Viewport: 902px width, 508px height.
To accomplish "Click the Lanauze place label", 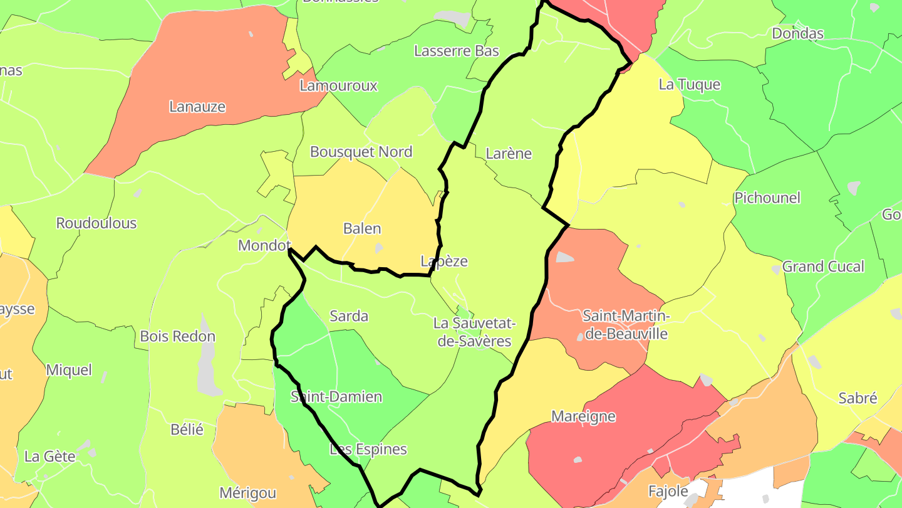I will (x=197, y=107).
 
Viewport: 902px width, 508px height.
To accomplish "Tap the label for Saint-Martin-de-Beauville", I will (x=626, y=324).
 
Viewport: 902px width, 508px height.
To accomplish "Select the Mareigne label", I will (x=583, y=416).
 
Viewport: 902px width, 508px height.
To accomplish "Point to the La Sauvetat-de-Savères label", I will (x=474, y=332).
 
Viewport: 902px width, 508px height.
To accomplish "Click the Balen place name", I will (x=362, y=228).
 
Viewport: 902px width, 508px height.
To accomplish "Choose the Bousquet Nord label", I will (x=361, y=152).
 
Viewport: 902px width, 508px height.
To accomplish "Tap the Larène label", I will (x=509, y=153).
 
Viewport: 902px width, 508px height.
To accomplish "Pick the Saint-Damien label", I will (x=336, y=397).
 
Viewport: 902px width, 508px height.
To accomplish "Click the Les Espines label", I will (x=368, y=449).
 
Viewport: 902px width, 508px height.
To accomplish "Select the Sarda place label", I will (x=349, y=316).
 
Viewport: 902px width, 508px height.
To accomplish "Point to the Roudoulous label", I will (x=96, y=223).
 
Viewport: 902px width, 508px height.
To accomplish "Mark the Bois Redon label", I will (x=178, y=336).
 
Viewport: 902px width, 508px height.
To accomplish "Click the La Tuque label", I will (x=690, y=85).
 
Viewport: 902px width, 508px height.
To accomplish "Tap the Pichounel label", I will (x=767, y=198).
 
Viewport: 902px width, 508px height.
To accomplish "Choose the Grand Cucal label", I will (x=823, y=267).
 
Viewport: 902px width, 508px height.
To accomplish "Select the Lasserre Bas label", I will (x=457, y=51).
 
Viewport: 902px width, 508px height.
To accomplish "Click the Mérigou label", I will (x=248, y=493).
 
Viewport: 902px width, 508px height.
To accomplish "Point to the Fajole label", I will (x=668, y=491).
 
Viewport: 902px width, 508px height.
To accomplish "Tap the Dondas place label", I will (x=797, y=33).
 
